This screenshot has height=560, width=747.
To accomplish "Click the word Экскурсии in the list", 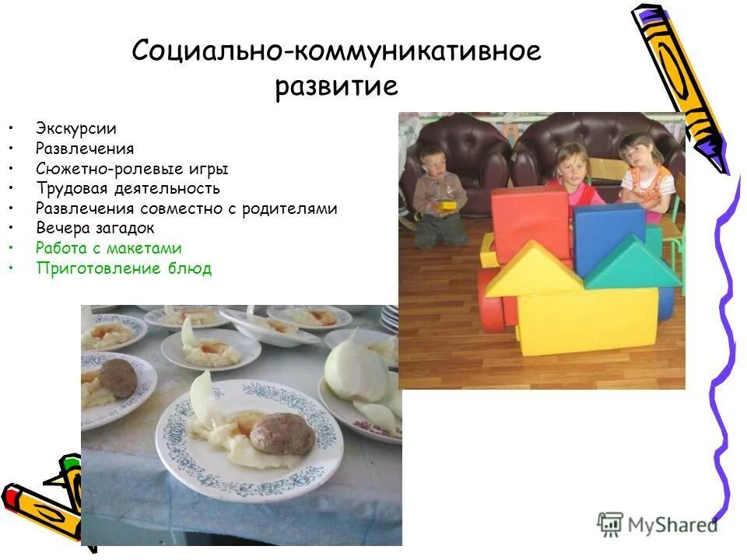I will pyautogui.click(x=75, y=128).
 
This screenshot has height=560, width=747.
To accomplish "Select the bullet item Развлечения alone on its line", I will pyautogui.click(x=85, y=149).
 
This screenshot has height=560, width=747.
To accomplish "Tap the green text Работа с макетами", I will pyautogui.click(x=108, y=249).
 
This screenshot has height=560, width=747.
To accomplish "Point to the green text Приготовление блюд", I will pyautogui.click(x=123, y=269).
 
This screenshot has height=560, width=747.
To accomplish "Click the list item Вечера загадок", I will pyautogui.click(x=95, y=229).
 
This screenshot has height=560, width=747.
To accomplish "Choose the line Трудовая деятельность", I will pyautogui.click(x=128, y=188).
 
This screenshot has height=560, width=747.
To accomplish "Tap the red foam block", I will pyautogui.click(x=531, y=222).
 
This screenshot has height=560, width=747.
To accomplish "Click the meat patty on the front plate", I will pyautogui.click(x=282, y=434).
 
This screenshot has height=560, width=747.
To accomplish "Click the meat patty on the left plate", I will pyautogui.click(x=118, y=376).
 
